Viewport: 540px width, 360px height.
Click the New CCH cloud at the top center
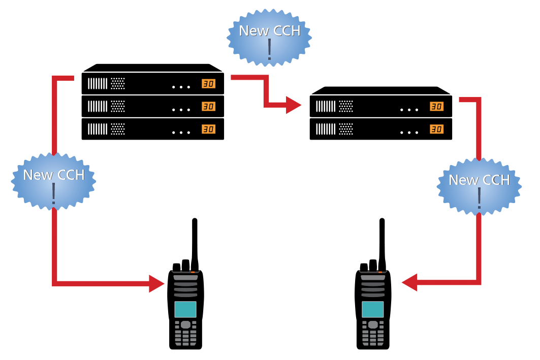[269, 37]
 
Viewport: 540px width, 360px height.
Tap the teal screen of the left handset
[185, 309]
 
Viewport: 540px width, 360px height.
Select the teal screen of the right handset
[373, 309]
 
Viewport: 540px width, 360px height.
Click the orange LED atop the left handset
[193, 272]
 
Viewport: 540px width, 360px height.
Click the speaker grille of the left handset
[185, 286]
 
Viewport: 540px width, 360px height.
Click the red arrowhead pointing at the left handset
[157, 283]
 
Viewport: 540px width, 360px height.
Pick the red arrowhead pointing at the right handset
[409, 282]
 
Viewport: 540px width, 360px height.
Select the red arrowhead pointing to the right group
[294, 105]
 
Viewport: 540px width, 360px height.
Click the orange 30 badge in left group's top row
[208, 84]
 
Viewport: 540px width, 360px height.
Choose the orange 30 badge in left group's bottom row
[208, 129]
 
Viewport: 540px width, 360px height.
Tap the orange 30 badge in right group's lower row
[436, 129]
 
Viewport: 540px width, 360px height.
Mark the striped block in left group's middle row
[98, 106]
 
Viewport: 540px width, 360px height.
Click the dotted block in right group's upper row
[346, 106]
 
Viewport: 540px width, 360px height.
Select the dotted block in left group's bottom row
[118, 129]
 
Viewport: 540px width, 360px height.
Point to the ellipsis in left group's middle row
[181, 110]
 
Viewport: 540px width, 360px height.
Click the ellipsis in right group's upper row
[409, 110]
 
